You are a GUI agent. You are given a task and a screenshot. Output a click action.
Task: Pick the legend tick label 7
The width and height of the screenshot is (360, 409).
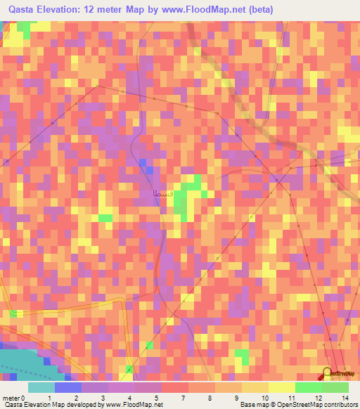182,398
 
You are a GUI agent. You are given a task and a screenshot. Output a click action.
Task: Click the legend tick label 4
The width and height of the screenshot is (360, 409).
129,398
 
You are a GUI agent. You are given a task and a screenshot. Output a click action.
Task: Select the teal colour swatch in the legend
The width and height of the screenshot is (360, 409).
41,387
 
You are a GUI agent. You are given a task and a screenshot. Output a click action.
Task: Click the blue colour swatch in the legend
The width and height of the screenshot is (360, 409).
68,387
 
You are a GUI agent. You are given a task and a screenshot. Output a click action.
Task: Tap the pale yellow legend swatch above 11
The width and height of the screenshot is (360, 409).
282,387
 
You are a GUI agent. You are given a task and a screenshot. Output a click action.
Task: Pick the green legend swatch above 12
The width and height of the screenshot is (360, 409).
309,387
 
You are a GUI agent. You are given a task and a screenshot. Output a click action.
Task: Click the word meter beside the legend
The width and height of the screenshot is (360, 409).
11,398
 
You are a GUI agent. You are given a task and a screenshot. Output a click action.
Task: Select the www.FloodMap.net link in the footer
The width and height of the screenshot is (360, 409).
134,405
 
